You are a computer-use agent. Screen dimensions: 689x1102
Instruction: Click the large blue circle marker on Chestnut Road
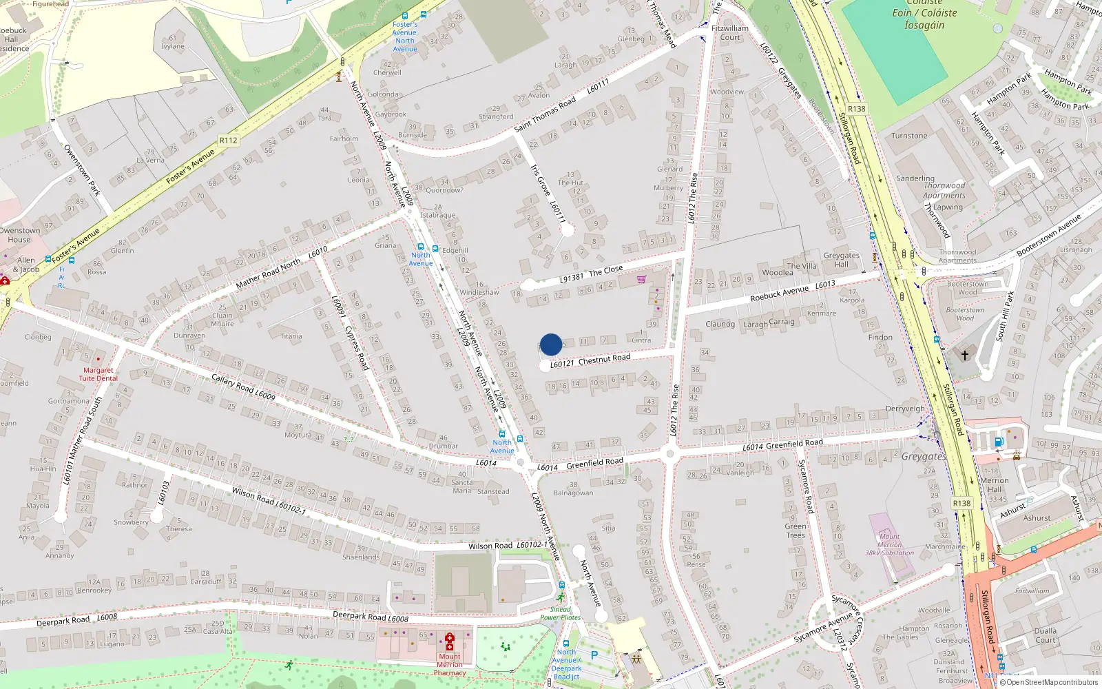click(x=551, y=344)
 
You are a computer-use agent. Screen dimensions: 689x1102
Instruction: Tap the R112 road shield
click(x=228, y=141)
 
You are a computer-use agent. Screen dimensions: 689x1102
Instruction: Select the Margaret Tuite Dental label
click(x=98, y=374)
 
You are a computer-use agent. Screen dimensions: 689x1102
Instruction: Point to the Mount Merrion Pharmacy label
click(x=450, y=665)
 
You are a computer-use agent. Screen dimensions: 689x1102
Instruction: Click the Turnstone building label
click(x=909, y=136)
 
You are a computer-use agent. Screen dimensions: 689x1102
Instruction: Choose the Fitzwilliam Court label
click(x=730, y=33)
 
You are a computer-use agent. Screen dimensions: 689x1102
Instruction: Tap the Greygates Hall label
click(x=841, y=260)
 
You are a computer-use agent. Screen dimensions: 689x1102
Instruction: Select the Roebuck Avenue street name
click(x=780, y=294)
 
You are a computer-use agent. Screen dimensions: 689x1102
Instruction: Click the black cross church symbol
click(x=965, y=356)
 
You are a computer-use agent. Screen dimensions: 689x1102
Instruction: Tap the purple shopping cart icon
click(x=642, y=279)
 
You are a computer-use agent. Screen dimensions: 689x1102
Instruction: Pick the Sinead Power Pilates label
click(x=560, y=613)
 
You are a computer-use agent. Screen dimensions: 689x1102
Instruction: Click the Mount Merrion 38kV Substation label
click(x=889, y=544)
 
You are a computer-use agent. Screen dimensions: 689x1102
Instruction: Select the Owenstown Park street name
click(x=82, y=170)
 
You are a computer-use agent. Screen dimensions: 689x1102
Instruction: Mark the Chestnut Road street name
click(x=604, y=359)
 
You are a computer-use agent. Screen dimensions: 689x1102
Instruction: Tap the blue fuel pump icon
click(x=999, y=442)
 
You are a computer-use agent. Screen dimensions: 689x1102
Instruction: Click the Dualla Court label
click(x=1045, y=635)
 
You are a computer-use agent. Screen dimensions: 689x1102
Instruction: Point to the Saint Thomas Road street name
click(x=545, y=115)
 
